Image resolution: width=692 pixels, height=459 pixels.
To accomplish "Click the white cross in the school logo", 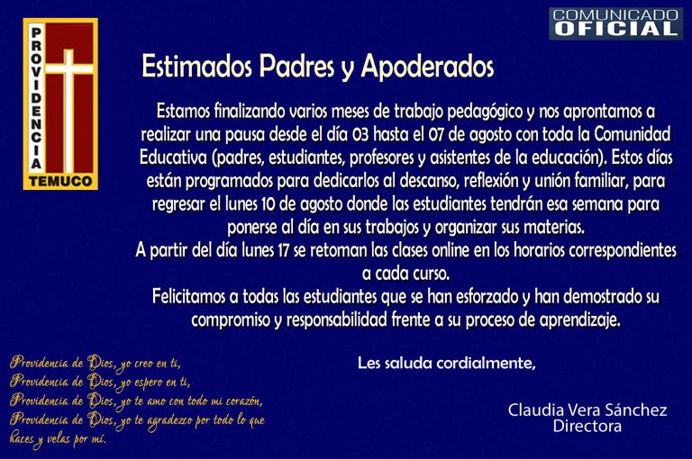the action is tap(68, 110).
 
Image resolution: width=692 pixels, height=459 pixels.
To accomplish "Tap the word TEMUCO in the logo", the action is tap(60, 181).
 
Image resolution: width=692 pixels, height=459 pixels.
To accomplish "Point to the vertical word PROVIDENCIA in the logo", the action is tap(36, 98).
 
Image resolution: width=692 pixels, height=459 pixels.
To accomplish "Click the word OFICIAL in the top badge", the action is tap(616, 29).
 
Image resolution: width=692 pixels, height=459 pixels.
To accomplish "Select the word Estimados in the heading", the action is tap(196, 66).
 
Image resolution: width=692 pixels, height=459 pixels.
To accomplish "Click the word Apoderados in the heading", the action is tap(427, 67).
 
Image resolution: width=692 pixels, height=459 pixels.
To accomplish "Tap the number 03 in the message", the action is tap(360, 134).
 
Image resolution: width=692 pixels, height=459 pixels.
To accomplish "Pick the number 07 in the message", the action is tap(435, 134).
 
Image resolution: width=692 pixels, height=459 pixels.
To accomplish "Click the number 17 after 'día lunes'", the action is tap(282, 251).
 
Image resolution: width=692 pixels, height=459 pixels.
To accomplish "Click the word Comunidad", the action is tap(633, 134).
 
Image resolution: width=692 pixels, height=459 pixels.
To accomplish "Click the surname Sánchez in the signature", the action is tap(636, 410).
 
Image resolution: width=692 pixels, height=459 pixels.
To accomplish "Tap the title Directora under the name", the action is tap(587, 426).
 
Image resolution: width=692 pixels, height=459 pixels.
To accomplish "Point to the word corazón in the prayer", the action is tap(243, 401).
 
